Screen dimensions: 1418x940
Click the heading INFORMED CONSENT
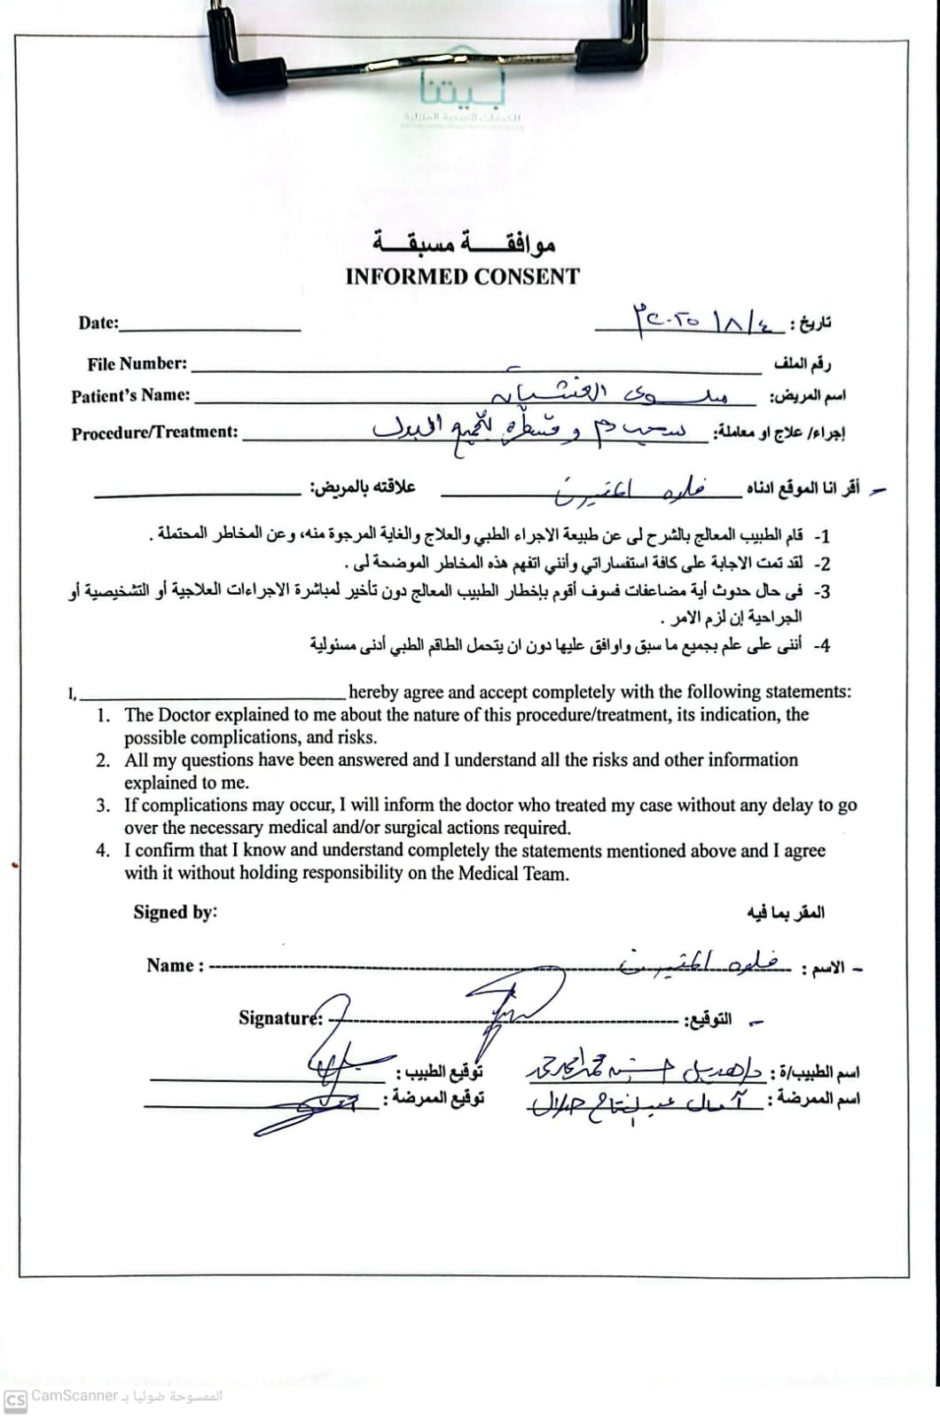pyautogui.click(x=462, y=277)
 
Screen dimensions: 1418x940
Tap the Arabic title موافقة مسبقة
pyautogui.click(x=464, y=241)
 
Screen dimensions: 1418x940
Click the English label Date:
pyautogui.click(x=98, y=323)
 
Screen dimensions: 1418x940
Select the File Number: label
pyautogui.click(x=137, y=363)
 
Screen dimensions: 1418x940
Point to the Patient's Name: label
pyautogui.click(x=130, y=396)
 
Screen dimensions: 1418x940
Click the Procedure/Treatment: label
pyautogui.click(x=154, y=432)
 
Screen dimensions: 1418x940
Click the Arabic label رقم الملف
pyautogui.click(x=803, y=363)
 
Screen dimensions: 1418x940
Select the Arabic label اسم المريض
pyautogui.click(x=807, y=396)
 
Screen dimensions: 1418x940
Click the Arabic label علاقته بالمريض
pyautogui.click(x=363, y=487)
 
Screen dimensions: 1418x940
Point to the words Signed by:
pyautogui.click(x=175, y=912)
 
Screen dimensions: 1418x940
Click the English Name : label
pyautogui.click(x=175, y=966)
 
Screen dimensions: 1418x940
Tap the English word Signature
pyautogui.click(x=278, y=1017)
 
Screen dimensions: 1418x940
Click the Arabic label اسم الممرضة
pyautogui.click(x=813, y=1099)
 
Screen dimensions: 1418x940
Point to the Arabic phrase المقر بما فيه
pyautogui.click(x=785, y=912)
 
